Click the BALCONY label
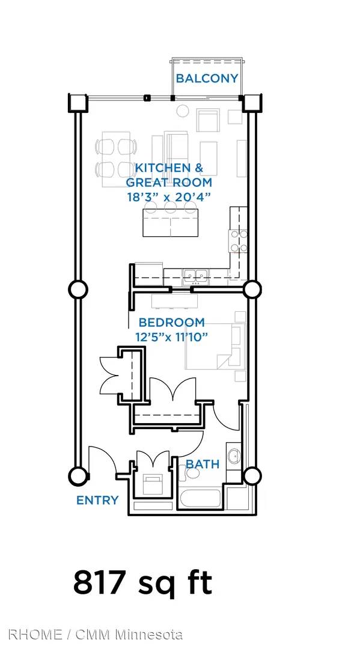[x=207, y=78]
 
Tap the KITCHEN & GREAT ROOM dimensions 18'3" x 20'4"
[x=169, y=196]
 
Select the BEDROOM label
[x=171, y=323]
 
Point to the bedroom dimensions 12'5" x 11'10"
[x=171, y=337]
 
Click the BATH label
[x=203, y=464]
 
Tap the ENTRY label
[x=97, y=501]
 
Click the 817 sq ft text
[x=143, y=583]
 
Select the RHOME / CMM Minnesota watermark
[x=95, y=635]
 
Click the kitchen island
[x=171, y=222]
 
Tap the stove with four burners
[x=239, y=242]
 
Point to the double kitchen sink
[x=195, y=276]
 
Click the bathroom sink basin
[x=234, y=457]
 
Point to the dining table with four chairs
[x=116, y=159]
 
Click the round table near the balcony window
[x=183, y=111]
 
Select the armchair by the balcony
[x=207, y=120]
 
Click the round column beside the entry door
[x=78, y=476]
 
